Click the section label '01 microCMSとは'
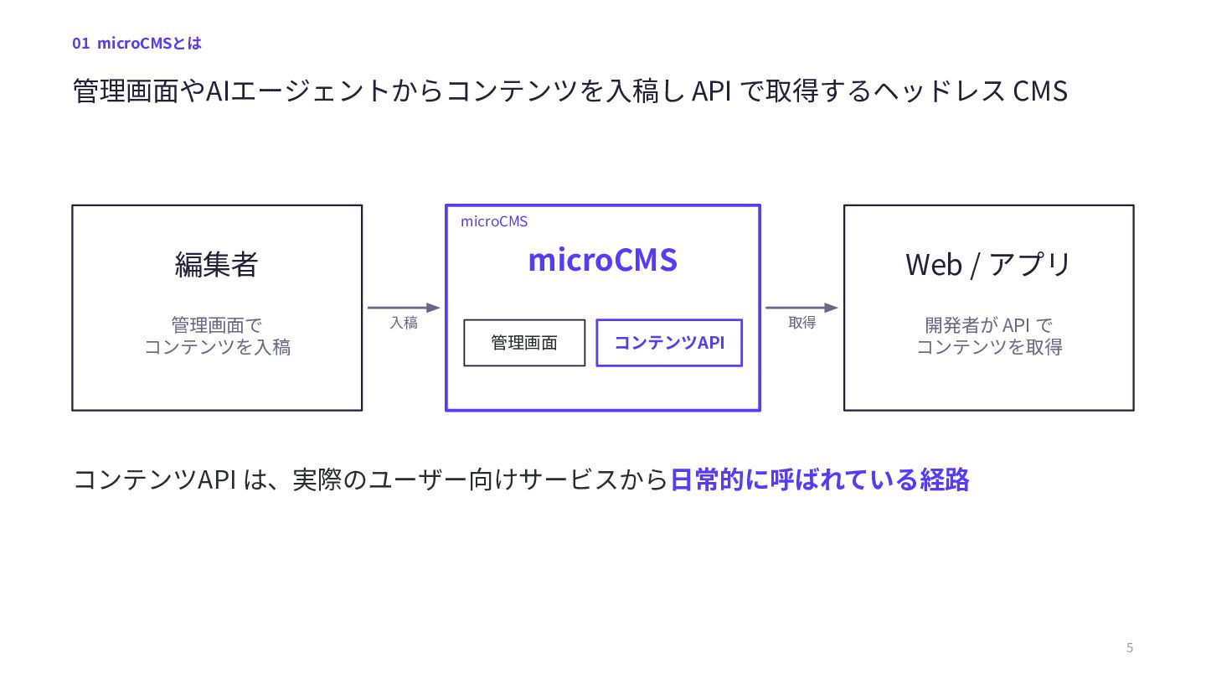(137, 43)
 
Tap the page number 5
(1130, 647)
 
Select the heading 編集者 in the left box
(216, 264)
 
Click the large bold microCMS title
(602, 260)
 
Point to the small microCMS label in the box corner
(494, 221)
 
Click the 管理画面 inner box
(524, 343)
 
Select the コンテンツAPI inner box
(669, 343)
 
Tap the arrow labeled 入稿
(404, 308)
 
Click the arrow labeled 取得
(801, 308)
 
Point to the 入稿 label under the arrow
(404, 323)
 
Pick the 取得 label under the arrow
(801, 323)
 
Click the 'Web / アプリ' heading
(988, 265)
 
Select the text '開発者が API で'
(988, 325)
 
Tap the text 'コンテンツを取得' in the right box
(990, 347)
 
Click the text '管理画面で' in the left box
(216, 325)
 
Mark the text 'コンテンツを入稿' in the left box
(218, 347)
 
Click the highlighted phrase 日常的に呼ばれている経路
(819, 479)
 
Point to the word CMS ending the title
(1040, 91)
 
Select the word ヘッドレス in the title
(938, 91)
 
